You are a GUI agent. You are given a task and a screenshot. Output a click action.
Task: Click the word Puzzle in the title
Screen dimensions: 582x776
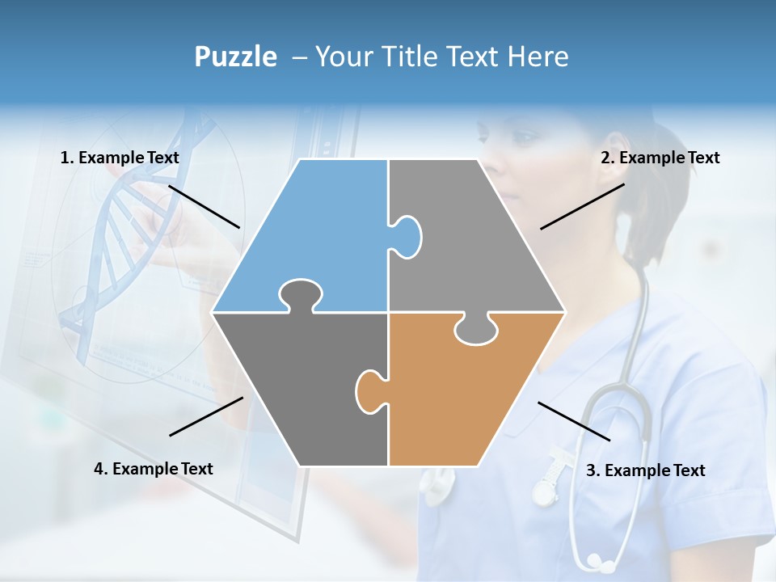pos(235,57)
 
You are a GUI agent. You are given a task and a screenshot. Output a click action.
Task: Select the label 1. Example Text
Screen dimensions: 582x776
pos(120,158)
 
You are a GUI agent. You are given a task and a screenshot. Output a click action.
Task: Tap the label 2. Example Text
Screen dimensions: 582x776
pos(660,158)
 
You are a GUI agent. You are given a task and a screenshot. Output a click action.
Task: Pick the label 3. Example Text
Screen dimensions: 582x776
pos(645,470)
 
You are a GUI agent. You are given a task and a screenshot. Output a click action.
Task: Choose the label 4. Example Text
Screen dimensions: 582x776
pos(154,469)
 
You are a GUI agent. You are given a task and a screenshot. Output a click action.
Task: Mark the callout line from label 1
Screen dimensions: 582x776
pos(204,206)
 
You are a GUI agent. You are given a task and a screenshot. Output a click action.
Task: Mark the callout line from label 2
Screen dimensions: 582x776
pos(582,206)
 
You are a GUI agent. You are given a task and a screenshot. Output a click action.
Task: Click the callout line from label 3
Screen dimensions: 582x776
pos(574,421)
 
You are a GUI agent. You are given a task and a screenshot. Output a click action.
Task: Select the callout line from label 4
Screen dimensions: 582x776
pos(206,416)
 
